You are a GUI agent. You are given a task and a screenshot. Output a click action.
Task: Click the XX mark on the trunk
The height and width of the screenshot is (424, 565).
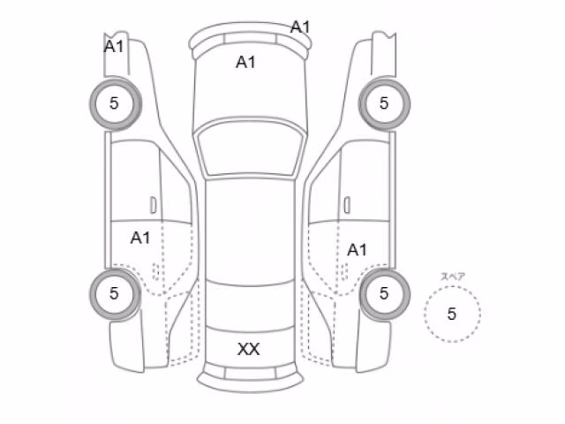(x=249, y=349)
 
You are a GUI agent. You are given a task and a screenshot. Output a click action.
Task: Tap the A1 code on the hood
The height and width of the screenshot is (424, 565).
(x=245, y=63)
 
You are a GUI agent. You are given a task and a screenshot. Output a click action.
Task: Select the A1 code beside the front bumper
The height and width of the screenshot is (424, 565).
(x=300, y=27)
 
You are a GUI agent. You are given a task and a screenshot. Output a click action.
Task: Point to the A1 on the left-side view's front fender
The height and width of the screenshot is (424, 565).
(x=114, y=47)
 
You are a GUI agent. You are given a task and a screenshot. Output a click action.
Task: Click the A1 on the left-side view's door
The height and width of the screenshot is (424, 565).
(x=140, y=238)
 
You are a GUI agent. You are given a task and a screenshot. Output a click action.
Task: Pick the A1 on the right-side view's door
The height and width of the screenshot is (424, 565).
(x=357, y=250)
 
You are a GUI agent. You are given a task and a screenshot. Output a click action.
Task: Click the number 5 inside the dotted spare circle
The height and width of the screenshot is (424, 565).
(x=451, y=314)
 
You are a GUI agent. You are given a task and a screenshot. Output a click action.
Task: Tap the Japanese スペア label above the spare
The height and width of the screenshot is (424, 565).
(x=453, y=276)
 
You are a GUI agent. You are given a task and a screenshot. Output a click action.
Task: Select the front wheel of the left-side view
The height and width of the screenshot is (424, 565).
(x=116, y=103)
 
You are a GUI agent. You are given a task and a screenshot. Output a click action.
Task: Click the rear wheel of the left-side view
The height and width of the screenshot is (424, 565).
(x=116, y=293)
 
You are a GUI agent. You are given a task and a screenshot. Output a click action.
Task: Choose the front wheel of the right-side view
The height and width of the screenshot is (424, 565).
(x=384, y=103)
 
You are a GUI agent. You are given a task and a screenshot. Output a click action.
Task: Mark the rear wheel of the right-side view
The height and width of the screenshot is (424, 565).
(x=384, y=293)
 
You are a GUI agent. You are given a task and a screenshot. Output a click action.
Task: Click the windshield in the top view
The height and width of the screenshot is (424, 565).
(x=250, y=149)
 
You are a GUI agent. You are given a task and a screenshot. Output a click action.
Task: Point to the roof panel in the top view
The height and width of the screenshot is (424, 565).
(x=250, y=231)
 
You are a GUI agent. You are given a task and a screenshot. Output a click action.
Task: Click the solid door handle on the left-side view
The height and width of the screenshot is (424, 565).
(x=153, y=205)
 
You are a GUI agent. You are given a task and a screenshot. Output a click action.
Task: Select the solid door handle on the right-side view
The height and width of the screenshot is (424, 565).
(x=347, y=205)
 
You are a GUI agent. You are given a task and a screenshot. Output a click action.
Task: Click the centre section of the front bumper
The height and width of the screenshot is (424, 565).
(x=250, y=38)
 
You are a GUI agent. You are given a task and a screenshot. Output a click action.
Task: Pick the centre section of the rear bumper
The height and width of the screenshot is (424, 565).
(x=250, y=374)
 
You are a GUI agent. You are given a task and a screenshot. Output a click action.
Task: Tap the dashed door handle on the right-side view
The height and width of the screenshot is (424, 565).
(x=343, y=271)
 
